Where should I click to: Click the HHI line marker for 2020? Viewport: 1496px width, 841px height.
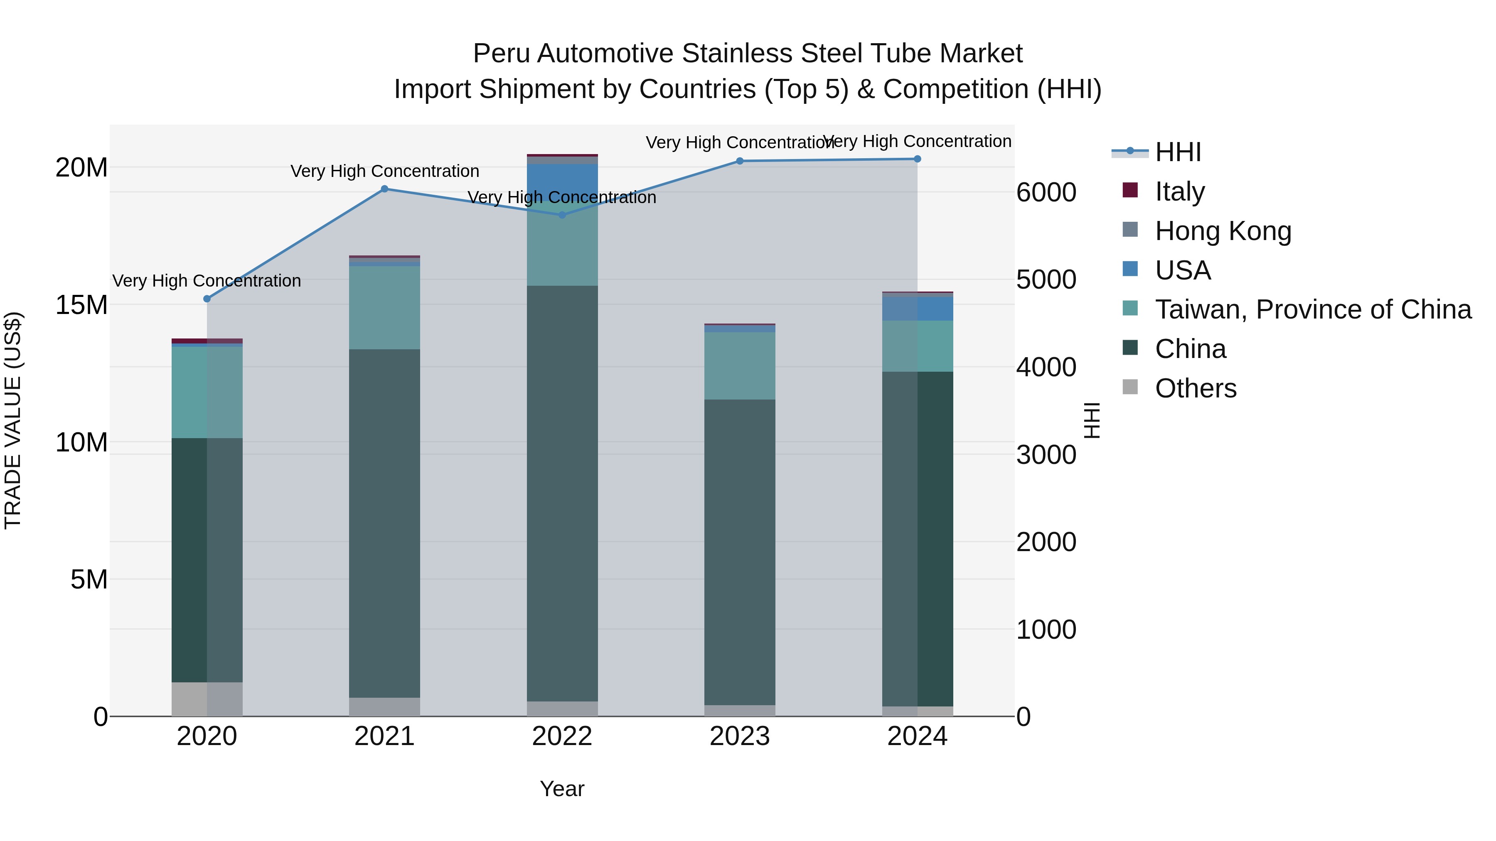(207, 299)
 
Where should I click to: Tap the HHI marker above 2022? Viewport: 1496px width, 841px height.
(562, 215)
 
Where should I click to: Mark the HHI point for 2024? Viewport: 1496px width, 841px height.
(918, 159)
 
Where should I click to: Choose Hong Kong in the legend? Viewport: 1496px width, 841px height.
(1223, 230)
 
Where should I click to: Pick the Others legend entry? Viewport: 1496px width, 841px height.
(1195, 388)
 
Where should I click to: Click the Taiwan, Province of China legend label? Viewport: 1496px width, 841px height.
(1312, 309)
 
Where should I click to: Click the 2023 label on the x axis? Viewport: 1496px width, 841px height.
(740, 736)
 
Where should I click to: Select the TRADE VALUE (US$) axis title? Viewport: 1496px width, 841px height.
(13, 420)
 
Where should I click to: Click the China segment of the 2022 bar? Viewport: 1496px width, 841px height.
(562, 493)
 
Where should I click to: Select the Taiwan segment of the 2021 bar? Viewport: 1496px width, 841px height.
(384, 308)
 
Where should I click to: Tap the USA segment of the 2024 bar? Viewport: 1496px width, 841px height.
(918, 309)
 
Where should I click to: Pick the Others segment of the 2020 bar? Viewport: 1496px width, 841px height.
(207, 699)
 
